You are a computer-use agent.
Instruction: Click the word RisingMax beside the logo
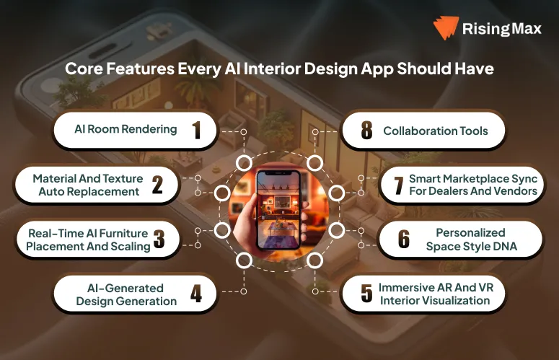tap(502, 30)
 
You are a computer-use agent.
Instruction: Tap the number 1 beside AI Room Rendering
tap(195, 131)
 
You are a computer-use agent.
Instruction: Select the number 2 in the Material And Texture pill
tap(157, 186)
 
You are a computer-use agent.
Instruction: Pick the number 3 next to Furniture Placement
tap(159, 240)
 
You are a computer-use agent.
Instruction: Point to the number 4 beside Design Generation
tap(196, 294)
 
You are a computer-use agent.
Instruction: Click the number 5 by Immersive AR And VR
tap(366, 294)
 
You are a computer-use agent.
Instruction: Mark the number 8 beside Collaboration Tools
tap(366, 131)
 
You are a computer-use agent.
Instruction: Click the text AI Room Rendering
tap(126, 130)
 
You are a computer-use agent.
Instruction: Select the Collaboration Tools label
tap(435, 131)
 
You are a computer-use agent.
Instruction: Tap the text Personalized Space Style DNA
tap(470, 240)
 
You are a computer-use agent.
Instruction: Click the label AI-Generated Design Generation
tap(126, 294)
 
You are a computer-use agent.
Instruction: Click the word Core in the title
tap(81, 70)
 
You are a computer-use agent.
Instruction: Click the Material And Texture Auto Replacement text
tap(86, 185)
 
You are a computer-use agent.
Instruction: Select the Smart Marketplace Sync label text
tap(473, 185)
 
